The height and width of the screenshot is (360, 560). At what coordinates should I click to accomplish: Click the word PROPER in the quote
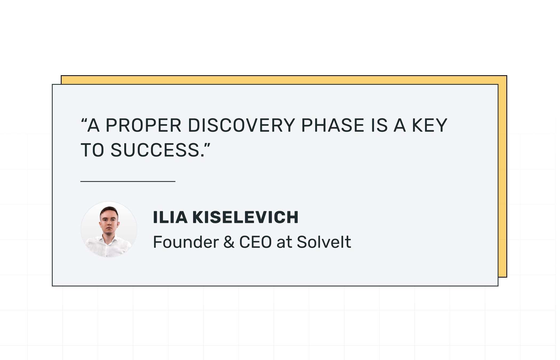tap(143, 125)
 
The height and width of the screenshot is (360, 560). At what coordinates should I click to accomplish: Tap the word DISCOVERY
tap(241, 125)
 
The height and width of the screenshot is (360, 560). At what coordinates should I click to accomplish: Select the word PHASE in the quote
tap(333, 125)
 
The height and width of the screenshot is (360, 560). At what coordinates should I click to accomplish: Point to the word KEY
tap(430, 125)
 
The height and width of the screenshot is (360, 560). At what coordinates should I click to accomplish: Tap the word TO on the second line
tap(92, 150)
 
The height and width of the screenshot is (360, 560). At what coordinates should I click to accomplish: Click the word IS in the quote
tap(379, 125)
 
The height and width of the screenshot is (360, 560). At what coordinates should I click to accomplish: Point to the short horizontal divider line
tap(128, 181)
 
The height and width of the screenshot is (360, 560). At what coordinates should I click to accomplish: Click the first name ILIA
tap(170, 217)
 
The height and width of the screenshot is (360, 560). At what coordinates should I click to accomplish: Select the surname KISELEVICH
tap(245, 217)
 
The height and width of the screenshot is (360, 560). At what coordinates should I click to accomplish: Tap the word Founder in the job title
tap(186, 242)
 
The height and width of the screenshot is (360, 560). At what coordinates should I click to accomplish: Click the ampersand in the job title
tap(229, 242)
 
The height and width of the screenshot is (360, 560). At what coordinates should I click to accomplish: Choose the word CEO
tap(255, 242)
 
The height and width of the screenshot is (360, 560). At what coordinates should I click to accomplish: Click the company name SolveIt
tap(324, 242)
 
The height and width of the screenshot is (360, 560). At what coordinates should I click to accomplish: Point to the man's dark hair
tap(109, 210)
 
